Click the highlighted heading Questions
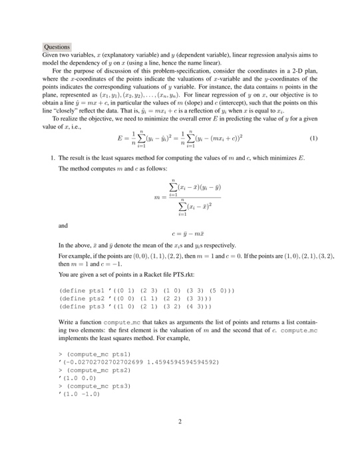coord(57,47)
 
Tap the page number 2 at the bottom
coord(180,421)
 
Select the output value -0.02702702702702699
coord(102,361)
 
